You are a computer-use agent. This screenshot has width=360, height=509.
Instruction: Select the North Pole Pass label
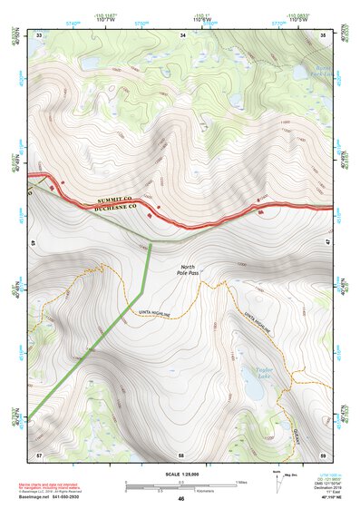pyautogui.click(x=187, y=269)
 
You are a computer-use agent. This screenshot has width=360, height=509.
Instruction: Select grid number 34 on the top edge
pyautogui.click(x=183, y=35)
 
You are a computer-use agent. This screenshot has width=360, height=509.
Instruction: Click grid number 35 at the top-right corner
pyautogui.click(x=325, y=35)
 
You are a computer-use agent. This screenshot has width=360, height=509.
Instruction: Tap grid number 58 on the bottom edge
pyautogui.click(x=181, y=453)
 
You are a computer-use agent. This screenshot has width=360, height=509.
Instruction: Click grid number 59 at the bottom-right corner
pyautogui.click(x=324, y=453)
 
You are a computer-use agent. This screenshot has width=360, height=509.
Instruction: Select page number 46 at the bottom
pyautogui.click(x=181, y=499)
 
